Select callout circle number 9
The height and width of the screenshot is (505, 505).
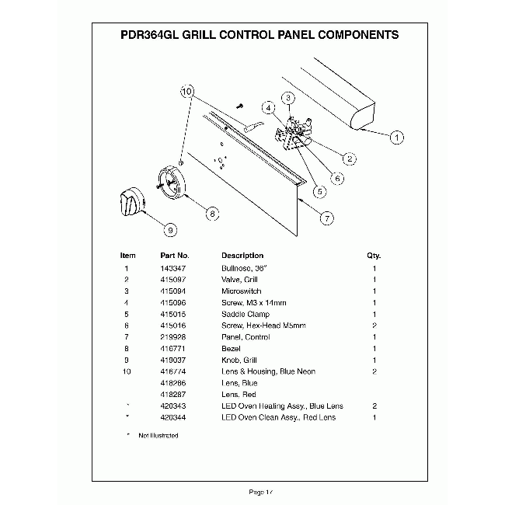[x=170, y=228]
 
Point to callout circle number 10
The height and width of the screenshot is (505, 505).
[x=186, y=92]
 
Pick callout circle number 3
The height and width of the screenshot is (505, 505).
[x=287, y=98]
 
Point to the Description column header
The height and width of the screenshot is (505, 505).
[x=242, y=256]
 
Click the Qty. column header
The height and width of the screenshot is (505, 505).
[x=374, y=256]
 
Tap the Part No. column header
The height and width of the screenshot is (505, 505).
[x=175, y=256]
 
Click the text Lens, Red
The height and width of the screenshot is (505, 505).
[x=239, y=395]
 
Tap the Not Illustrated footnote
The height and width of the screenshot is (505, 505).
[x=158, y=436]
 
